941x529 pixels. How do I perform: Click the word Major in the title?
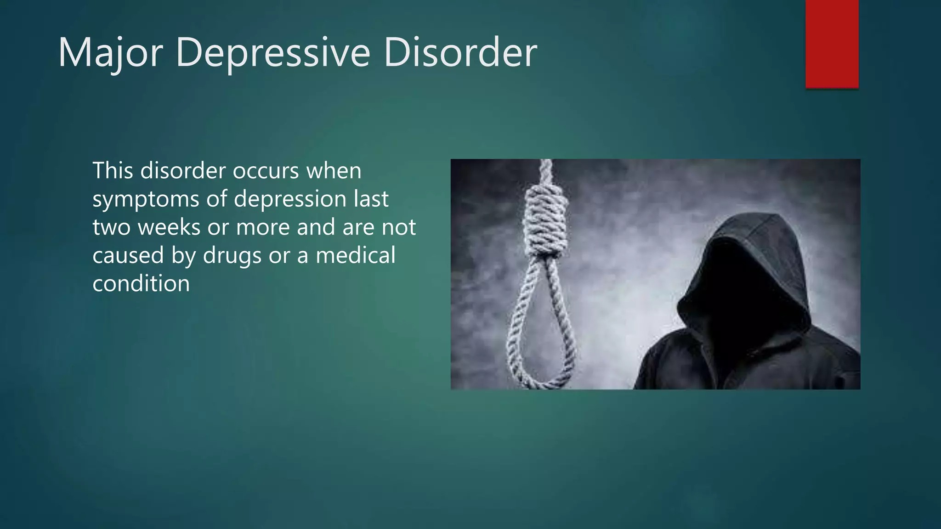point(110,53)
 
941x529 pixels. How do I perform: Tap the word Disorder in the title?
point(460,53)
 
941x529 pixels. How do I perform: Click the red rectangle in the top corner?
point(832,44)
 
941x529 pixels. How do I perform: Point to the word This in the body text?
point(113,170)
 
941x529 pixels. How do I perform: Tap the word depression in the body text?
point(290,199)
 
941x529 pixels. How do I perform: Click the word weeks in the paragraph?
point(169,227)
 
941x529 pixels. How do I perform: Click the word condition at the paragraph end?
point(141,283)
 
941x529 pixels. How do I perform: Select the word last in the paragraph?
point(371,199)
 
